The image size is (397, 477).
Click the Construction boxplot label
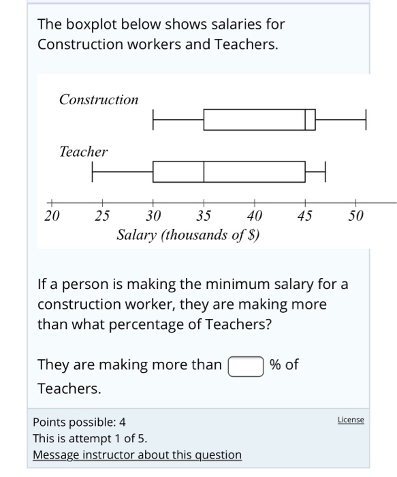click(99, 99)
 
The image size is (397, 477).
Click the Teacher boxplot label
click(83, 151)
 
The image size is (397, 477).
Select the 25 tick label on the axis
click(102, 216)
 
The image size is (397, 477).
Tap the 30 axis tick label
click(153, 216)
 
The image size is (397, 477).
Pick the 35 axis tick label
click(204, 216)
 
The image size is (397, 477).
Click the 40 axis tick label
click(254, 216)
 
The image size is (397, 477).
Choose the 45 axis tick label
click(305, 216)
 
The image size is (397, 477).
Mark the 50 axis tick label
click(355, 216)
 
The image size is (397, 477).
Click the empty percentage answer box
click(246, 366)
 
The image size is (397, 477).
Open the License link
click(351, 420)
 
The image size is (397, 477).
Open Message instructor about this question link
click(136, 455)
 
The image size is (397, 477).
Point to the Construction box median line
click(305, 119)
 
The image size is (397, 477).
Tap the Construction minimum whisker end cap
click(153, 119)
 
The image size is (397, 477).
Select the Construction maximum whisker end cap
click(366, 119)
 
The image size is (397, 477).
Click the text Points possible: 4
click(79, 422)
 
